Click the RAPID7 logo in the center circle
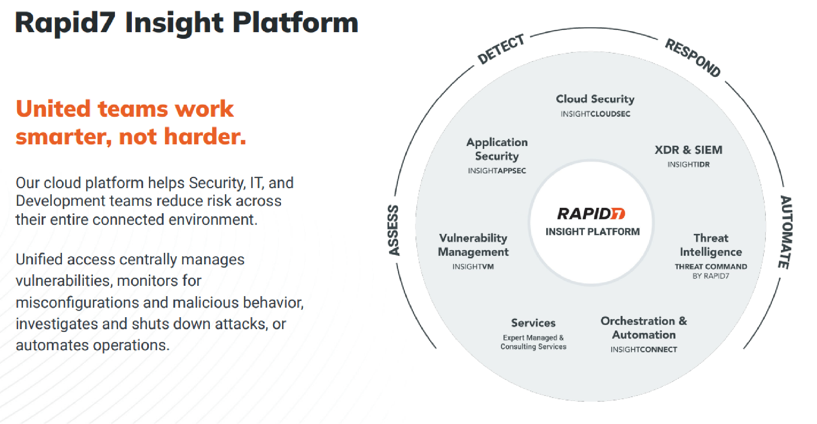click(591, 214)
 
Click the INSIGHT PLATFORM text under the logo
click(592, 232)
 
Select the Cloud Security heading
click(595, 99)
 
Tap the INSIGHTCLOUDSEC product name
click(595, 114)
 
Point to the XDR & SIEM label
click(688, 150)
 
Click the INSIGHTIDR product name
click(688, 165)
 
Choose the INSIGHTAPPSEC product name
click(496, 171)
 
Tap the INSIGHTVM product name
click(473, 267)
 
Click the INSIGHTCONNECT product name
click(643, 350)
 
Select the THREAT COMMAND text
click(710, 266)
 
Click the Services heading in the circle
click(533, 323)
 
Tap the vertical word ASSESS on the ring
click(394, 230)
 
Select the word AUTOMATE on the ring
click(785, 232)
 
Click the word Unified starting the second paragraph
click(40, 259)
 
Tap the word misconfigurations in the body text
click(77, 303)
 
